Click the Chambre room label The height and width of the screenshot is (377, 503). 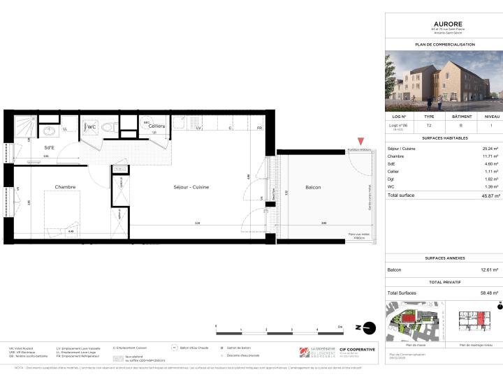point(65,187)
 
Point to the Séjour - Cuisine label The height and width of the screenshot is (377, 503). point(191,187)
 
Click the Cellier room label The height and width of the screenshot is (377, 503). point(156,126)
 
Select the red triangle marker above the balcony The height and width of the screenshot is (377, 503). point(360,142)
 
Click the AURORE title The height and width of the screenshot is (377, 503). point(444,22)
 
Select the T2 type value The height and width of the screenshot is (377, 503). point(429,126)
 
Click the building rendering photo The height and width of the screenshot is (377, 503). point(444,82)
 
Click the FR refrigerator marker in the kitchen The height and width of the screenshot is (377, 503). point(259,128)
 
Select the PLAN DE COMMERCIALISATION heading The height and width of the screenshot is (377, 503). point(444,44)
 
